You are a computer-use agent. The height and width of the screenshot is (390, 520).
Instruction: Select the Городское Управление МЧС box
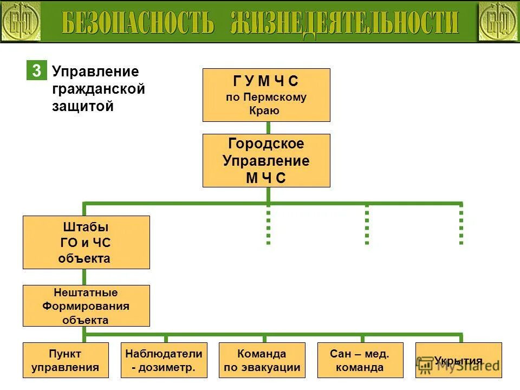pos(266,160)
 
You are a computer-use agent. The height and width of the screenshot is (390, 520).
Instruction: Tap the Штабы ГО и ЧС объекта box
pos(86,242)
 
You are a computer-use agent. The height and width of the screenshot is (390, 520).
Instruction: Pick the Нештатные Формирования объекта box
pos(86,305)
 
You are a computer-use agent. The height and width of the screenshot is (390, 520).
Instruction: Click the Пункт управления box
pos(66,360)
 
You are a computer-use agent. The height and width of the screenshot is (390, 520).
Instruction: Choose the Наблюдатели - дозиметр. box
pos(164,360)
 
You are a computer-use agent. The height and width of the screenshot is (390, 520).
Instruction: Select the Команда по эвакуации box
pos(262,360)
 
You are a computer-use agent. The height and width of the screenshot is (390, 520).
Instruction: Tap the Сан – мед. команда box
pos(360,360)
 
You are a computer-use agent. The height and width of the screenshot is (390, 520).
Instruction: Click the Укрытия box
pos(458,360)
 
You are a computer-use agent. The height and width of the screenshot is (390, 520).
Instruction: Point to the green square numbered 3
pos(36,71)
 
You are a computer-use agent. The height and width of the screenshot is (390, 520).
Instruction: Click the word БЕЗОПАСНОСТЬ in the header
pos(138,22)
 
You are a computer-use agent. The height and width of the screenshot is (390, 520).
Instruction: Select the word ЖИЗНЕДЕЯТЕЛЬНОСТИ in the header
pos(344,22)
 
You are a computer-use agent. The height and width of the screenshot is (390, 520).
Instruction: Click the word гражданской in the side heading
pos(98,89)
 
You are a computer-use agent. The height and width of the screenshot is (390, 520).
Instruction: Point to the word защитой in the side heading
pos(82,106)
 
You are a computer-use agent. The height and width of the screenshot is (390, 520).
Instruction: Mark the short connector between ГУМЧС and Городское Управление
pos(268,128)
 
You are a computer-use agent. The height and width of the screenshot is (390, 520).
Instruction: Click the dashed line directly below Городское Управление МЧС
pos(268,225)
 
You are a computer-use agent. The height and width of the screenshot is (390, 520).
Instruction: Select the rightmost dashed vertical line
pos(461,225)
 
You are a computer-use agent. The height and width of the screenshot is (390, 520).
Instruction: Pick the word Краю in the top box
pos(265,110)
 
